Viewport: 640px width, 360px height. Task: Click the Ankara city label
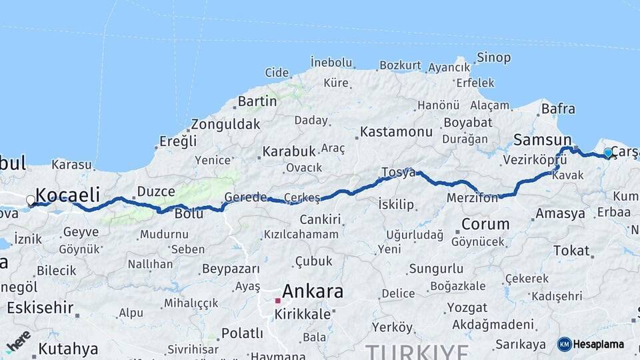click(x=313, y=291)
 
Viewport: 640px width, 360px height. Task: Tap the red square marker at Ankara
click(x=277, y=301)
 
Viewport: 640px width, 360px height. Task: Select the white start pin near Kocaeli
click(x=31, y=200)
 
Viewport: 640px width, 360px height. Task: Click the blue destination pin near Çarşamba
click(x=608, y=153)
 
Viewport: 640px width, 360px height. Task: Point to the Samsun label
click(x=542, y=140)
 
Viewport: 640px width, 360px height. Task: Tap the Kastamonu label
click(x=396, y=131)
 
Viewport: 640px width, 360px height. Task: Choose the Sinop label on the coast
click(x=494, y=58)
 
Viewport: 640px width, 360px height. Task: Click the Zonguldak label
click(x=225, y=124)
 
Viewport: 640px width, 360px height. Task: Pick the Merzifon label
click(x=473, y=197)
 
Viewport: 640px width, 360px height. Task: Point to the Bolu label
click(x=189, y=214)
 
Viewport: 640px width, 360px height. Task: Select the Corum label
click(x=485, y=223)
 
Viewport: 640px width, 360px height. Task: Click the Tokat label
click(x=571, y=251)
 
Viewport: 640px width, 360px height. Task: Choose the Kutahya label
click(x=68, y=349)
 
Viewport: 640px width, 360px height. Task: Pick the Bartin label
click(x=257, y=101)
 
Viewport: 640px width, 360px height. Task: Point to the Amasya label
click(x=560, y=214)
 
